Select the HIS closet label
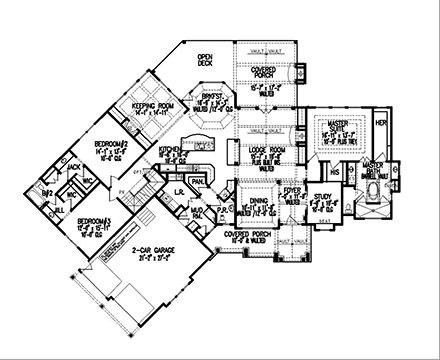(x=336, y=171)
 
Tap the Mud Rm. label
(x=198, y=209)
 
